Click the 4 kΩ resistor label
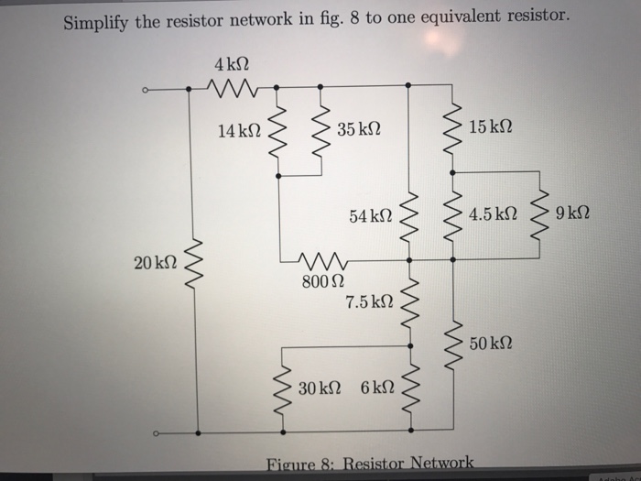[x=232, y=66]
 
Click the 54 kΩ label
[x=371, y=216]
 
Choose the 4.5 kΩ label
[x=492, y=215]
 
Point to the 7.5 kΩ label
[x=370, y=301]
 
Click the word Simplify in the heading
[x=96, y=20]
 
